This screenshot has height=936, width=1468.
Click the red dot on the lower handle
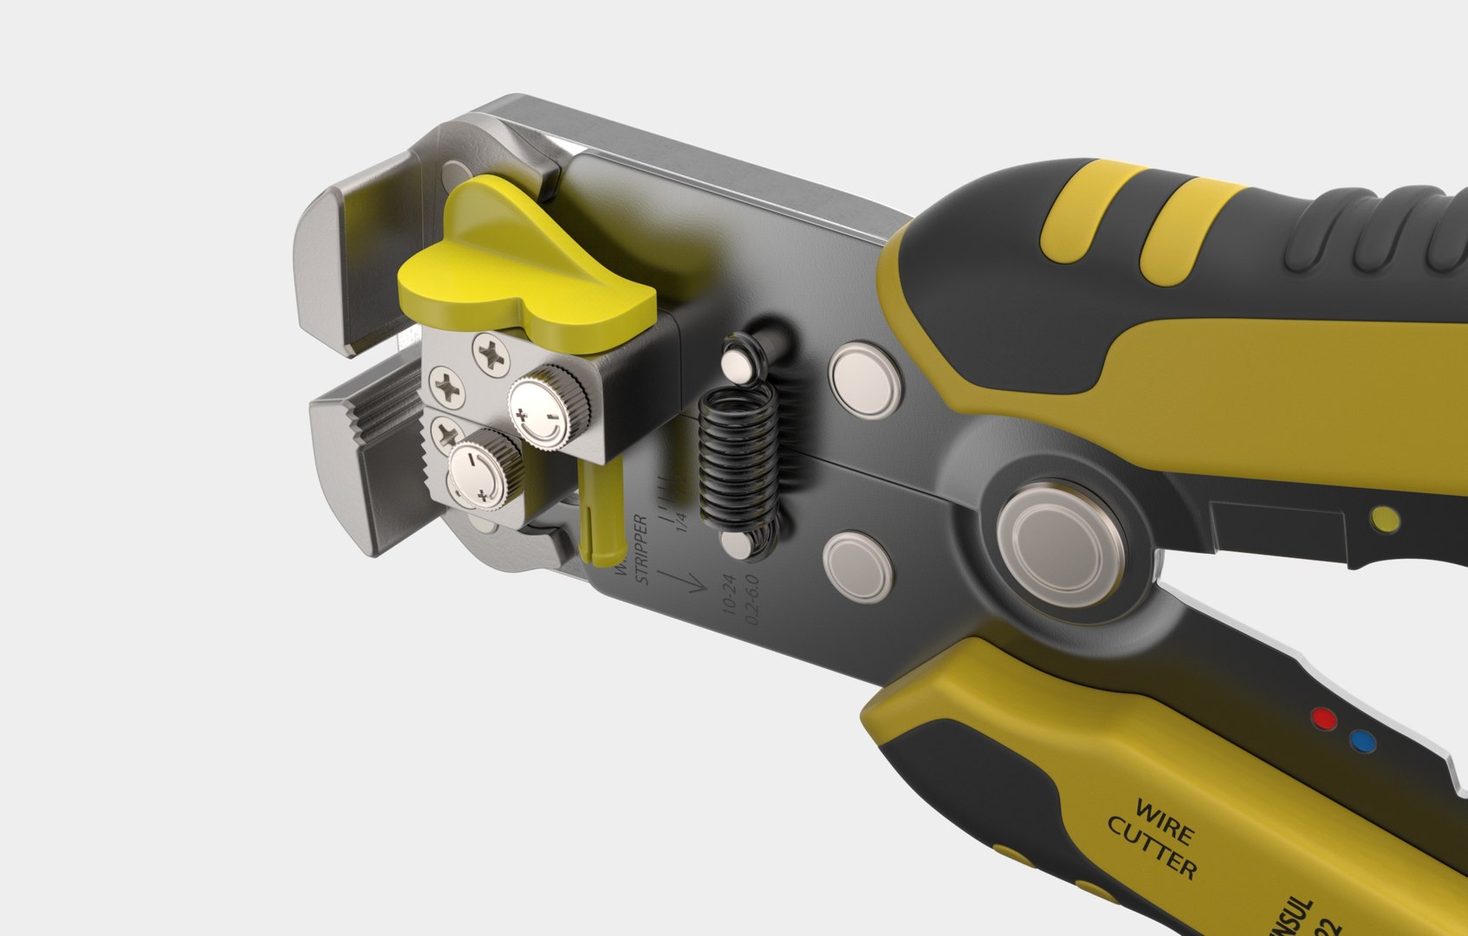(1322, 718)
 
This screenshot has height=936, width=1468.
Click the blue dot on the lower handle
(1362, 742)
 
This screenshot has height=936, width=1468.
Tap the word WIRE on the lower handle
(1164, 822)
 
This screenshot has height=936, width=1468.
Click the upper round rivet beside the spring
(867, 380)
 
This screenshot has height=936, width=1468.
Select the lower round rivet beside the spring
(858, 567)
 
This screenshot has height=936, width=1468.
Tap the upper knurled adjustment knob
(549, 409)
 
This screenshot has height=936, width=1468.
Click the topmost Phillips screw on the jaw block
(492, 354)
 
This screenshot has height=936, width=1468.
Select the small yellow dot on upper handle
(1385, 518)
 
